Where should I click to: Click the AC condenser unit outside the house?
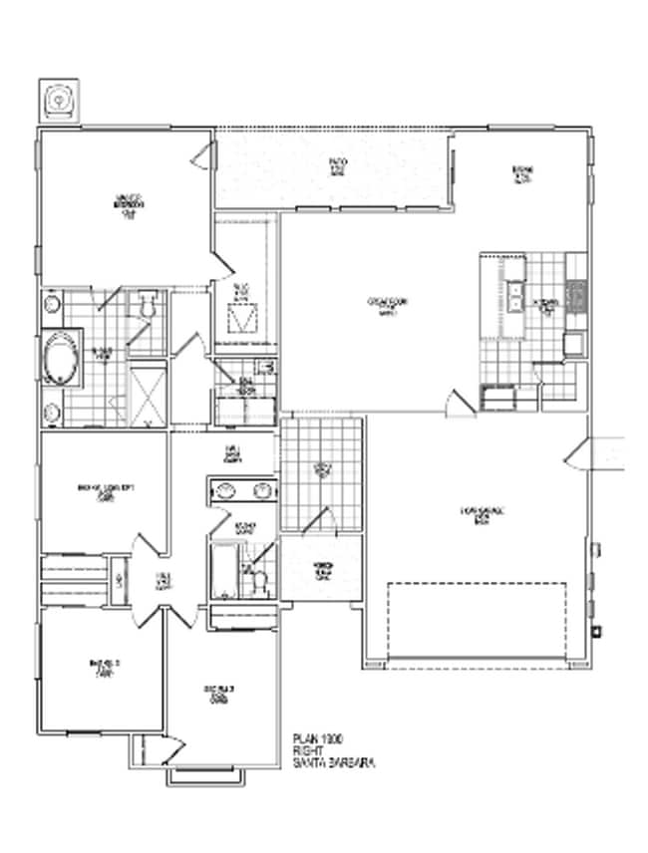(62, 101)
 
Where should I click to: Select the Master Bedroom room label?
(129, 203)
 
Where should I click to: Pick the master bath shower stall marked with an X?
(149, 395)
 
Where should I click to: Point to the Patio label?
(338, 166)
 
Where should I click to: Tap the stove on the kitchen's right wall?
(576, 295)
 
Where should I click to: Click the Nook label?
(519, 173)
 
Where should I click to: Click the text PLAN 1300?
(318, 737)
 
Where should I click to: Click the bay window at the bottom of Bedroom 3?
(207, 773)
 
